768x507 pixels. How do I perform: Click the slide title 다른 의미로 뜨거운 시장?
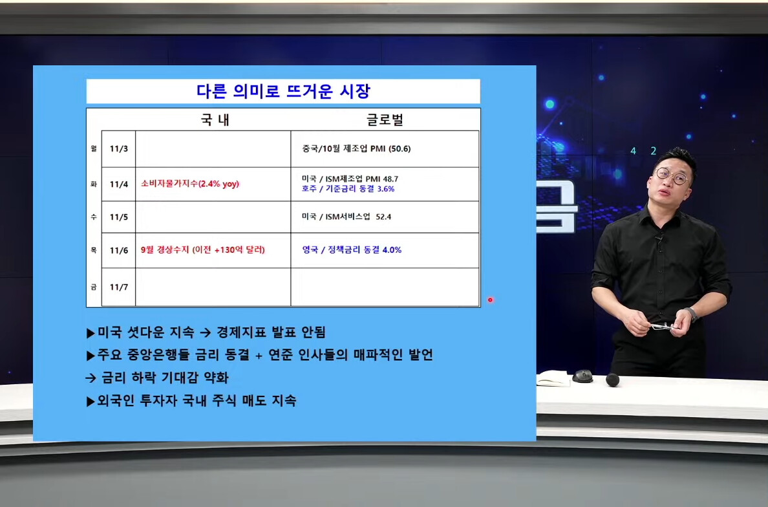point(283,91)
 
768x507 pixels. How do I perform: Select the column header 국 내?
point(215,120)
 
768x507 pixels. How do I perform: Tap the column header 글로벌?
point(385,120)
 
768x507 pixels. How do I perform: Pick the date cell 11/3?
point(118,149)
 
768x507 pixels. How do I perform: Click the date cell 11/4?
point(118,184)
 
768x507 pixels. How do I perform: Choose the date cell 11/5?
point(118,217)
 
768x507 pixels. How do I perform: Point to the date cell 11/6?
point(118,250)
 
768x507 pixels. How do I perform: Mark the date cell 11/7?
point(118,287)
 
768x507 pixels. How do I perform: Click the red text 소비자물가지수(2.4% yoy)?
point(190,184)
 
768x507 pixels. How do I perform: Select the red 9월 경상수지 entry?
point(203,250)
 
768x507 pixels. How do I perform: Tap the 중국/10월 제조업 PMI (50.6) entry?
point(356,149)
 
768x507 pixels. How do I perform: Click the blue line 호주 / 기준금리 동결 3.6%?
point(348,189)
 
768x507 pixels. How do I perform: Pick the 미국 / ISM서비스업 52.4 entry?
point(347,217)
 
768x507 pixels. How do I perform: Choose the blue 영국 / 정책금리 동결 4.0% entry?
point(352,250)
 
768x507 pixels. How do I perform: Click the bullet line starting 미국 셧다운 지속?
point(206,332)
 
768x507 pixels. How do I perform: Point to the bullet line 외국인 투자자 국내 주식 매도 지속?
point(191,401)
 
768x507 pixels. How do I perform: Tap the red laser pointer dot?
point(490,300)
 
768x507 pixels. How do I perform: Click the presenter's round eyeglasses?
point(672,176)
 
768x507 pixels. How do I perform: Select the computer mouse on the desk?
point(583,376)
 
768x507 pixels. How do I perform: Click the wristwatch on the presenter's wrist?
point(692,314)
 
